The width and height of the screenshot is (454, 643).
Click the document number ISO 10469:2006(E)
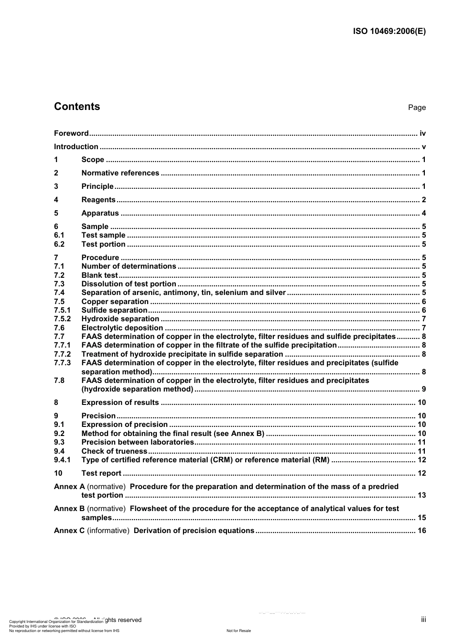point(389,32)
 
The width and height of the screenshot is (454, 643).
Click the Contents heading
point(77,107)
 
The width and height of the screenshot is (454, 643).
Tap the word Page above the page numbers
point(417,108)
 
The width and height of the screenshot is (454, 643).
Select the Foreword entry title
point(71,133)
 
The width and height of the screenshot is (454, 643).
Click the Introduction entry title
point(76,147)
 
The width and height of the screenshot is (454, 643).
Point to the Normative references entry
point(120,173)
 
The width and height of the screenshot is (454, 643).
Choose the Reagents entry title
point(98,200)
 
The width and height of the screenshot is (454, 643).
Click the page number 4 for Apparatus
point(423,213)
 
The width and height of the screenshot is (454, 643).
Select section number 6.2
point(59,244)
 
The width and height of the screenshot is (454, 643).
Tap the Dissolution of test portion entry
point(129,284)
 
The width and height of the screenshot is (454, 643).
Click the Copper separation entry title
point(115,302)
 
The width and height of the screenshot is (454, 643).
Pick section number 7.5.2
point(62,319)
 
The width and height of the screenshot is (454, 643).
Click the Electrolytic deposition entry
point(122,328)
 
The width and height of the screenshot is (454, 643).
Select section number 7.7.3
point(62,363)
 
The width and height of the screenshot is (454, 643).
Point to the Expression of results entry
point(120,403)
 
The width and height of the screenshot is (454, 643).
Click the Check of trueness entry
point(114,451)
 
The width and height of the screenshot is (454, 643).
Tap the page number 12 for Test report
point(422,473)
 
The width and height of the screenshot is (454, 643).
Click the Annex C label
point(69,531)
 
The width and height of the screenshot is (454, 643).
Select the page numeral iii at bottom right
point(423,620)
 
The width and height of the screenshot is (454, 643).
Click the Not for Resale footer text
point(238,631)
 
